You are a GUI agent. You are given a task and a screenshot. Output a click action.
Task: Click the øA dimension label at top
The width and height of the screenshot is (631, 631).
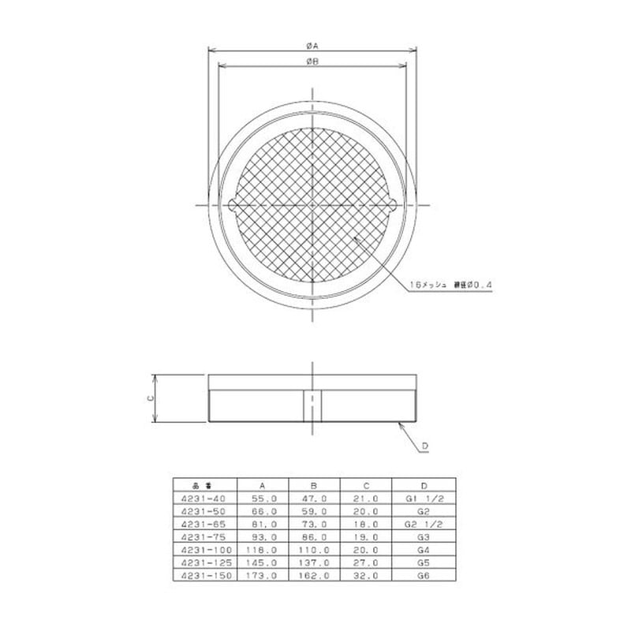tap(313, 47)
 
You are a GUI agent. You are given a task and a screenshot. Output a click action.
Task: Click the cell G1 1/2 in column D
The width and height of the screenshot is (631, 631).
tap(423, 499)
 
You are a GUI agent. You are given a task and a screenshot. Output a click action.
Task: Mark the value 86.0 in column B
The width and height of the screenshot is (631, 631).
tap(314, 538)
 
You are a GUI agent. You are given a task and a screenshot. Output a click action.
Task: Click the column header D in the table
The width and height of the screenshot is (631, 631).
tap(423, 486)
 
